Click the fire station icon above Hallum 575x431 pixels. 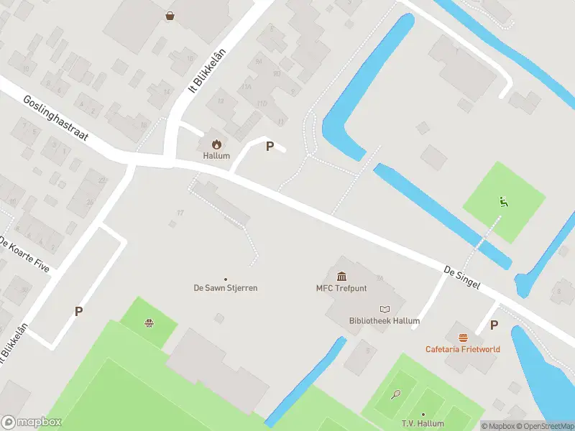point(216,144)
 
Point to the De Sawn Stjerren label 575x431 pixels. point(226,288)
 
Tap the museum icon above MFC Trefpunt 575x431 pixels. point(342,277)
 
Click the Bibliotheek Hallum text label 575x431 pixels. point(384,321)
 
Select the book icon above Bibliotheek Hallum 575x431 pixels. point(384,309)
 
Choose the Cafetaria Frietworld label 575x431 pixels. point(462,349)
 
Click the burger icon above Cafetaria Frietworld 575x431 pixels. point(463,337)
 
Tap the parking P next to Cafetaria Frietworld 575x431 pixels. point(494,325)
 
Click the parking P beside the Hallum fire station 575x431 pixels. point(270,147)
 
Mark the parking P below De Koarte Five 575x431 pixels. point(78,312)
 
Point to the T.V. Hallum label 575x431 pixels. point(423,425)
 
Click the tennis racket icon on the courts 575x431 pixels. point(395,394)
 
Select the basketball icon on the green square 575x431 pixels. point(149,323)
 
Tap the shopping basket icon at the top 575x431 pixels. point(170,15)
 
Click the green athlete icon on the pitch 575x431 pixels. point(503,202)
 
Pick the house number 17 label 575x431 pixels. point(180,213)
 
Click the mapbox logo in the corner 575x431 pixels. point(32,422)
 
